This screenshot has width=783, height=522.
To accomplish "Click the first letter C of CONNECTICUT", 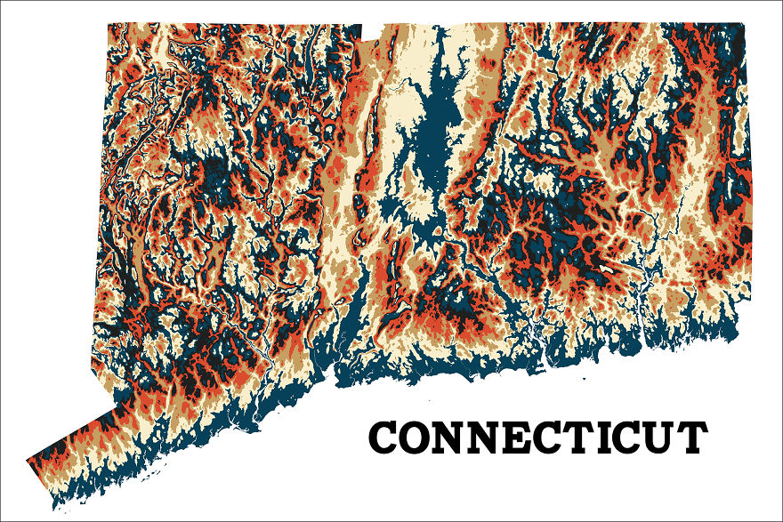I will [x=384, y=438].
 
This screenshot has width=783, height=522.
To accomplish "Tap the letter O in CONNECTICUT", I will [x=416, y=438].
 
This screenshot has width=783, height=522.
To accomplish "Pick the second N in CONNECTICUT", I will [x=487, y=438].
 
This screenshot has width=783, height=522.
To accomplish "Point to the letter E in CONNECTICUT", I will [x=520, y=438].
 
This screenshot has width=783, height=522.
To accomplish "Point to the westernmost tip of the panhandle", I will [x=28, y=461].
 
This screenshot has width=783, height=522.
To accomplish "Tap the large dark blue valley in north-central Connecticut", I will [x=432, y=133].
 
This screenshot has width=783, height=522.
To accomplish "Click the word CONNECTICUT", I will [x=538, y=438].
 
